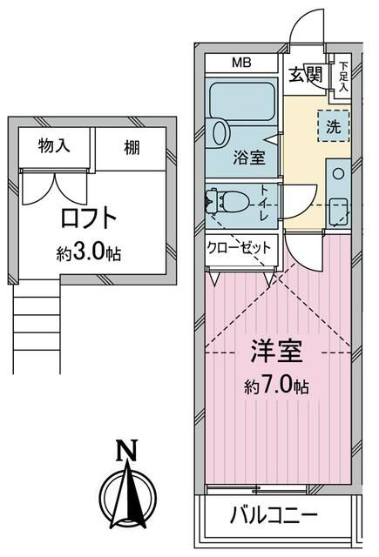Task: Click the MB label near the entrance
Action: pos(240,64)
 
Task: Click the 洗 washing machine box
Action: pos(334,124)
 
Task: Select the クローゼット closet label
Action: pos(239,247)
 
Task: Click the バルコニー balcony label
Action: pos(274,517)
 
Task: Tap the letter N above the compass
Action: pos(128,451)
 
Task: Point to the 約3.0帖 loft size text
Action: pos(88,253)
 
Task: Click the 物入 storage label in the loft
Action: pos(55,147)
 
